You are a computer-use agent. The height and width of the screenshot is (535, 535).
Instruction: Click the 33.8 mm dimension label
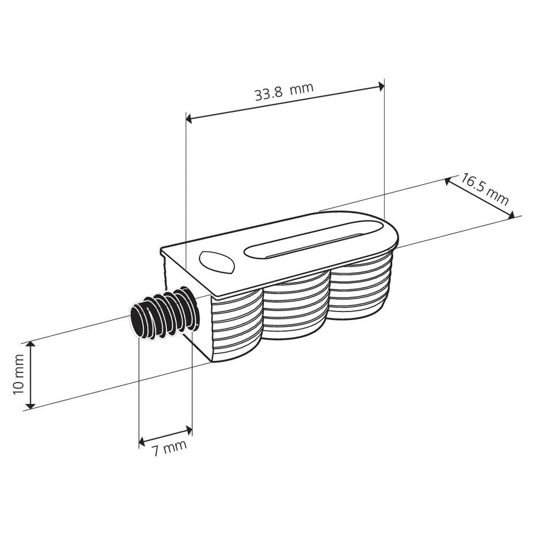coord(284,93)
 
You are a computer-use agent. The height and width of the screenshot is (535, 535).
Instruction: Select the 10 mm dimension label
coord(19,375)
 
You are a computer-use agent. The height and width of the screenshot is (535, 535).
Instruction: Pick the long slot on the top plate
coord(314,241)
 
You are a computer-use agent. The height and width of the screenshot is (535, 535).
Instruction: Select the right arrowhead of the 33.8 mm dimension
coord(381,86)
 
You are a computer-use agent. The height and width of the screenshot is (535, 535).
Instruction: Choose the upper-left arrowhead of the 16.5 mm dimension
coord(448,181)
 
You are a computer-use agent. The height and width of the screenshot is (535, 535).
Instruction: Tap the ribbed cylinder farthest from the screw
coord(358,292)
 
